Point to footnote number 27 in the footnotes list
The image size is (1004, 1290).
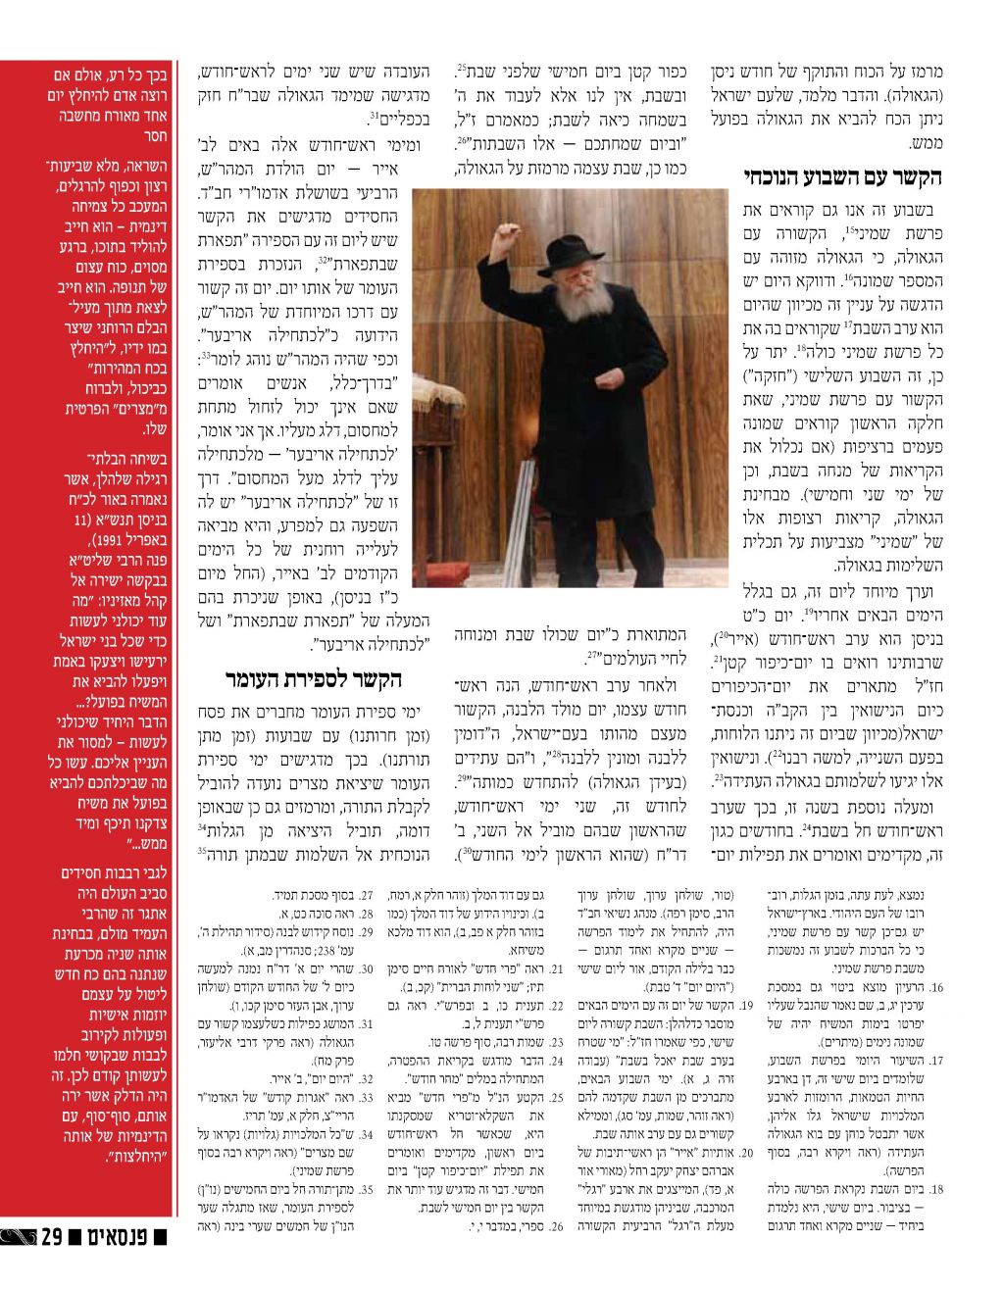[369, 896]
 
